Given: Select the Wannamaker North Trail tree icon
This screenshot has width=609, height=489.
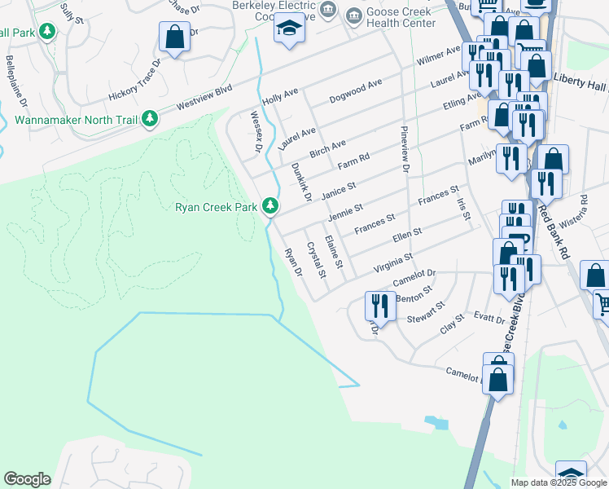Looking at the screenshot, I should (149, 119).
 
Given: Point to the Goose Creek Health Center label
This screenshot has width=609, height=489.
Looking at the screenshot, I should (401, 18).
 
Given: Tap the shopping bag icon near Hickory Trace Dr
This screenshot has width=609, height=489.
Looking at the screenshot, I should (174, 37).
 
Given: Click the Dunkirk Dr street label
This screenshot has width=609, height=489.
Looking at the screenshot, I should (301, 182).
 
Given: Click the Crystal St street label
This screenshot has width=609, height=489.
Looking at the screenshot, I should (315, 260).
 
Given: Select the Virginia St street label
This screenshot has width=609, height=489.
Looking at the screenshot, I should (393, 262).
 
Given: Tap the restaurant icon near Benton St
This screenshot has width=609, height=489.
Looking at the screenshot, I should (379, 306).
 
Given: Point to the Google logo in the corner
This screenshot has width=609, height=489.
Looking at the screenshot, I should (27, 479).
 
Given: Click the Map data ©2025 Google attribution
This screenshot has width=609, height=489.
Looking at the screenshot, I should (559, 482).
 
